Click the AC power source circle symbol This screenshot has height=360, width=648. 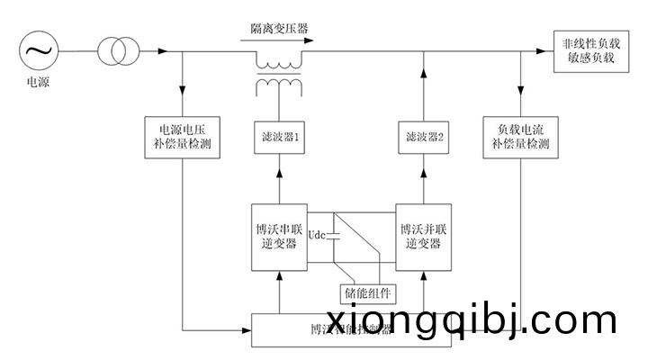point(38,51)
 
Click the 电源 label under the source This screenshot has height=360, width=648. point(38,83)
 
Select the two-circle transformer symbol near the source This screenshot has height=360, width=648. point(112,51)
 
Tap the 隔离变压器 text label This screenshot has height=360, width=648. point(279,29)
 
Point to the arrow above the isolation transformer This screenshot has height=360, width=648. point(279,40)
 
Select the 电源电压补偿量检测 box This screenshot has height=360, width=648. point(183,135)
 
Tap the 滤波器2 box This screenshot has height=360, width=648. point(423,139)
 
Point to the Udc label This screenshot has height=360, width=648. point(317,236)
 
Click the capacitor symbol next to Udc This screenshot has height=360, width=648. point(334,236)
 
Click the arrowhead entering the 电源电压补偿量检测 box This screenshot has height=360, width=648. point(183,94)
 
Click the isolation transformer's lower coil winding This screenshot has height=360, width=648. point(279,85)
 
